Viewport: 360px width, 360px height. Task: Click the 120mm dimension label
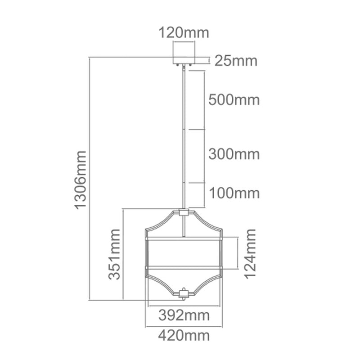click(184, 33)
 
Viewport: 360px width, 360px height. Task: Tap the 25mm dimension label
click(235, 61)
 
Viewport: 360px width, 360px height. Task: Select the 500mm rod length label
click(234, 99)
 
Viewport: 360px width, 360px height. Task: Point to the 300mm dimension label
click(234, 154)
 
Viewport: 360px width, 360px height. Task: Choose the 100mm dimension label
click(234, 193)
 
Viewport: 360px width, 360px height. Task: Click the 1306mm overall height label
click(81, 180)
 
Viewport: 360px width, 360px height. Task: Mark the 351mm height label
click(115, 254)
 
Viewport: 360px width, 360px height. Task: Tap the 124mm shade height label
click(250, 254)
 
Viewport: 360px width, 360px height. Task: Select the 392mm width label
click(184, 315)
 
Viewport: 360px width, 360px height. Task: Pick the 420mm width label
click(184, 335)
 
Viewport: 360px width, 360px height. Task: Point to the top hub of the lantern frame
click(184, 212)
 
